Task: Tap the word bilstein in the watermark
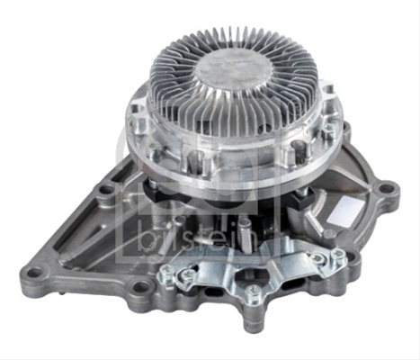(x=199, y=241)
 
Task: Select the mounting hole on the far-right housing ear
(x=385, y=189)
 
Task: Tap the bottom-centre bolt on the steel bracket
(x=254, y=290)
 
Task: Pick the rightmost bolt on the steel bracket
(x=338, y=255)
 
